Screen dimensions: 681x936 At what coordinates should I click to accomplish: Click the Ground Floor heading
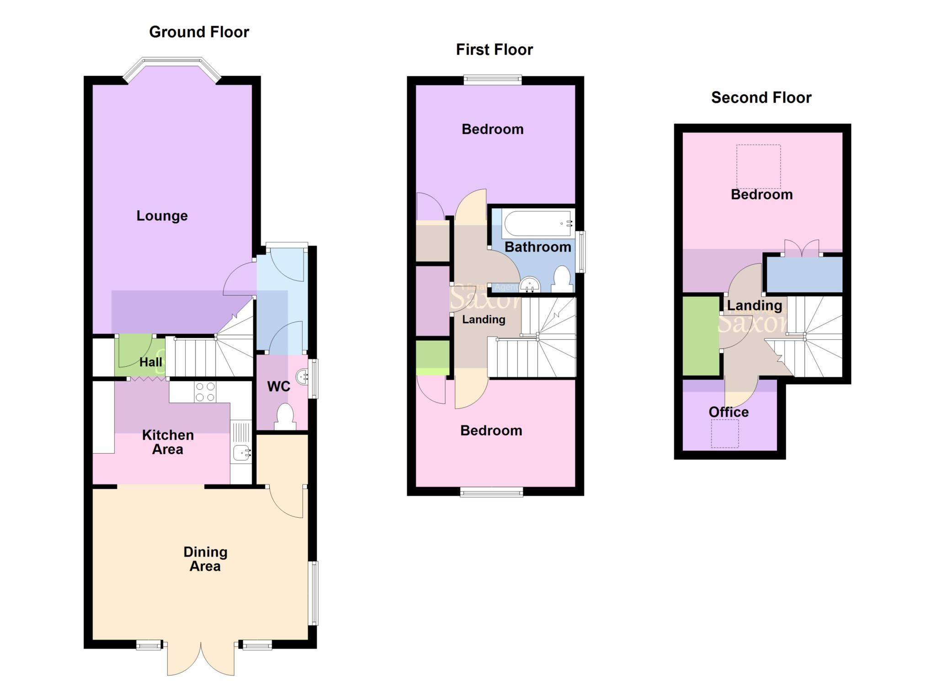click(199, 32)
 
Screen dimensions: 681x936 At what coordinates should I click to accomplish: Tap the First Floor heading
click(494, 49)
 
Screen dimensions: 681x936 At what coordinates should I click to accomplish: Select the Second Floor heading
click(761, 97)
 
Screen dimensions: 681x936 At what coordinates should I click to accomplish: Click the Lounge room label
click(162, 216)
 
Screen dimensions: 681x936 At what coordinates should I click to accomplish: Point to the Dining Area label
click(205, 559)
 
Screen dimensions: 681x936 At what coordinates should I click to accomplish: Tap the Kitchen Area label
click(168, 442)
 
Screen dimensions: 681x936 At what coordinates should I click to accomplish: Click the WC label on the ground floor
click(278, 386)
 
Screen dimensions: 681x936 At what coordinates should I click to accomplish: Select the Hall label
click(151, 362)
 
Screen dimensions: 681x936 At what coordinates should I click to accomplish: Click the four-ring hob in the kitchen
click(205, 392)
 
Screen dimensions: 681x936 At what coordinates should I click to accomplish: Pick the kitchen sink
click(241, 453)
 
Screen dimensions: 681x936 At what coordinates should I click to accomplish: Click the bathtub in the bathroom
click(537, 224)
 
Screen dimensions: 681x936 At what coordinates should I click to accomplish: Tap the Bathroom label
click(537, 247)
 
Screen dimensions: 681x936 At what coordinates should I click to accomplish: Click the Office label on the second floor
click(729, 412)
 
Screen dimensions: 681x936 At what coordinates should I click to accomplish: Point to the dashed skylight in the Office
click(725, 434)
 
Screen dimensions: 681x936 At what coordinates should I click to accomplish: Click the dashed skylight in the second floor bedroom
click(758, 166)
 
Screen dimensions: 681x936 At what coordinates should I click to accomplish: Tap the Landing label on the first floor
click(484, 319)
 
